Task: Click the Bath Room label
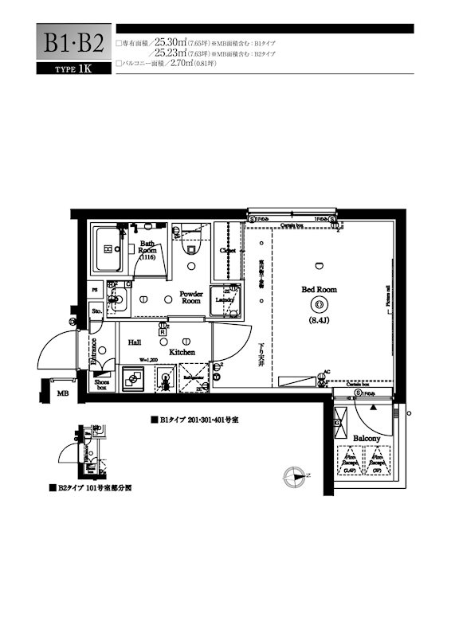click(147, 250)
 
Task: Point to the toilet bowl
click(191, 248)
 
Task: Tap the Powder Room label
click(190, 296)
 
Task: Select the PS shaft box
click(95, 291)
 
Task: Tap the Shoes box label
click(102, 384)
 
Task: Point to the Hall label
click(135, 342)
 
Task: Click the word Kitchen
click(182, 350)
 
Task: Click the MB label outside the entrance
click(61, 393)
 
